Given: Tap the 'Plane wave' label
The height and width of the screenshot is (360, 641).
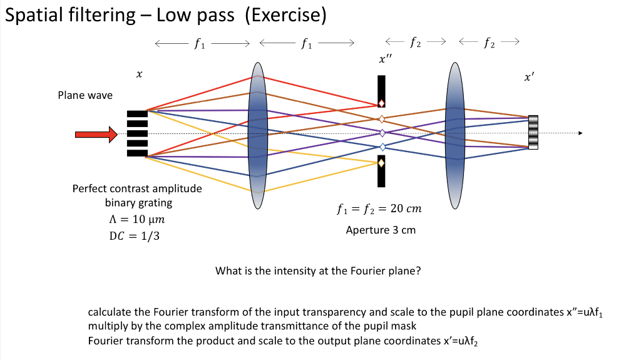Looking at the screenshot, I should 85,95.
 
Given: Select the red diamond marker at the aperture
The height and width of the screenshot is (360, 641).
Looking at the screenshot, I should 381,103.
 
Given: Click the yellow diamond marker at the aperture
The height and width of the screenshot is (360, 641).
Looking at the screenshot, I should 381,163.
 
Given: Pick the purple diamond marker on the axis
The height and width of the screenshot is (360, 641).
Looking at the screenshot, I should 382,133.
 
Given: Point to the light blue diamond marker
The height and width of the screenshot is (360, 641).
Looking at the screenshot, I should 382,147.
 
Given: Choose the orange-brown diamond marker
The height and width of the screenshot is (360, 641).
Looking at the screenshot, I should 381,118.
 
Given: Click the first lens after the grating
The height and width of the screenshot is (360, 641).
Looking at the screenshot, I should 258,134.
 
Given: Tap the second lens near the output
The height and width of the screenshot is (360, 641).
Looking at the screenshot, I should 455,134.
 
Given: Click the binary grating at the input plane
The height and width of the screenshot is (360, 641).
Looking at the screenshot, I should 137,133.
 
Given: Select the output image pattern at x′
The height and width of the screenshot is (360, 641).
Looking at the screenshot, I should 533,132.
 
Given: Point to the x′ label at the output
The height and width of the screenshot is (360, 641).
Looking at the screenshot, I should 530,78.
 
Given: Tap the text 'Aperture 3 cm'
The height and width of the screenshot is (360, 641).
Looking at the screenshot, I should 381,230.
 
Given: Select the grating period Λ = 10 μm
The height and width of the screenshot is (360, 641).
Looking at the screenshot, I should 137,220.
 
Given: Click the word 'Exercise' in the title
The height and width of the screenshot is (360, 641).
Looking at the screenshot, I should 285,14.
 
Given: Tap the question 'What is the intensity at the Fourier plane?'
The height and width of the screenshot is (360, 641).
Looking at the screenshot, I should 317,271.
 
